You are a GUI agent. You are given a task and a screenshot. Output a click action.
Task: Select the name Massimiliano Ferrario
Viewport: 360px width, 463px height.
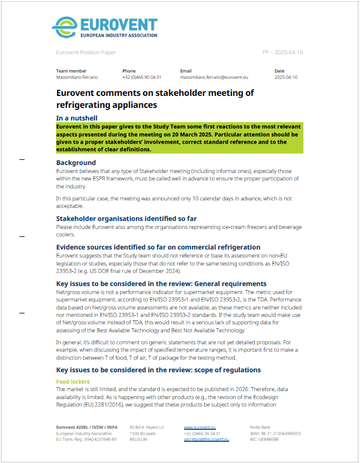coord(77,77)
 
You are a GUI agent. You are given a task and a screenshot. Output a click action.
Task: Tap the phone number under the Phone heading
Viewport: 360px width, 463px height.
coord(141,77)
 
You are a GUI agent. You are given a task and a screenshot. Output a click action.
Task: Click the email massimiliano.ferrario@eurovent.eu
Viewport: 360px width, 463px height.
coord(214,77)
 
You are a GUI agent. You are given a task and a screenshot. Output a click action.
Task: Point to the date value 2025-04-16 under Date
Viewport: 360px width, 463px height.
coord(286,77)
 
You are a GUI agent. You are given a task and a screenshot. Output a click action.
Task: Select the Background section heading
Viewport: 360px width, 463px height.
coord(76,163)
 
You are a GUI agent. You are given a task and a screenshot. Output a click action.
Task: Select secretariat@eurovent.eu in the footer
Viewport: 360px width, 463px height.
coord(206,439)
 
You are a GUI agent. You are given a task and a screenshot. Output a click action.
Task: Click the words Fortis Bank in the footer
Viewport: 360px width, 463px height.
coord(261,427)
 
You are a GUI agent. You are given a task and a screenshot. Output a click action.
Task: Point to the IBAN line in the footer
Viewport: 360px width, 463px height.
coord(275,433)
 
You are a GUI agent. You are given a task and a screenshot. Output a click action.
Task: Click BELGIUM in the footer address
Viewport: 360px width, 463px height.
coord(139,439)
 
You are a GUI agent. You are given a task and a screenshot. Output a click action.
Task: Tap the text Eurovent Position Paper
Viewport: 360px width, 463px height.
coord(86,53)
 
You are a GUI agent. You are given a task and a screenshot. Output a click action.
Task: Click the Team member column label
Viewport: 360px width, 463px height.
coord(71,71)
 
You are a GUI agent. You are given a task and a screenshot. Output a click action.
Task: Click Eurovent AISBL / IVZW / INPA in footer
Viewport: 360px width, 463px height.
coord(85,427)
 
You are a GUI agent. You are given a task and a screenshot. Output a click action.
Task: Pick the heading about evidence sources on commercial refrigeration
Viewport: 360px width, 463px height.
coord(158,247)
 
